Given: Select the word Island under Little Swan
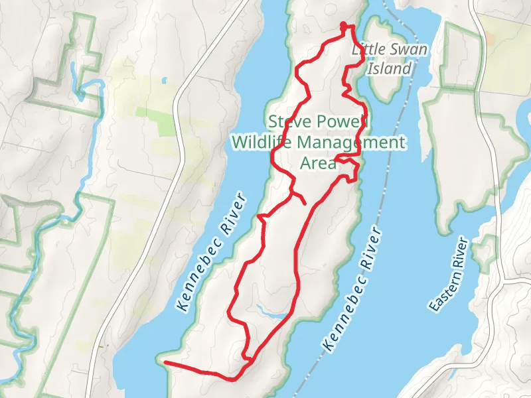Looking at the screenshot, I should coord(390,68).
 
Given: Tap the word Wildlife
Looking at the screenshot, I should coord(262,142).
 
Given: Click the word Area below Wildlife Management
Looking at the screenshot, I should coord(318,163).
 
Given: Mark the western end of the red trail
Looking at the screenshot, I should coord(165,363).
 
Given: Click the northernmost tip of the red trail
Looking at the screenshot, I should coord(344,25).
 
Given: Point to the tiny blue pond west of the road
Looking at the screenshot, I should coord(164,81).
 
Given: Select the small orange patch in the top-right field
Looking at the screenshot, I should coord(491,38).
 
